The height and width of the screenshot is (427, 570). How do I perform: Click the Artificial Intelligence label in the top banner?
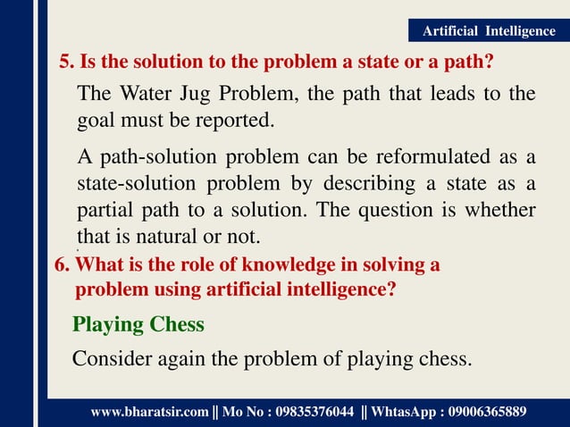[x=488, y=31]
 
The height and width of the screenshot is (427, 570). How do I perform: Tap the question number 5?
[x=66, y=64]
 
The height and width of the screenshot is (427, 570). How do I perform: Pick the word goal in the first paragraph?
[x=96, y=121]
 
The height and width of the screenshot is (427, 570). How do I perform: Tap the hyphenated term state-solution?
[x=135, y=184]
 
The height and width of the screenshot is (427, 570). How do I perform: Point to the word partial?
[x=105, y=210]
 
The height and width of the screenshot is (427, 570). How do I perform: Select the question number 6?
[x=62, y=265]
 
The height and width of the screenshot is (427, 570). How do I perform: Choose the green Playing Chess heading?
[x=138, y=324]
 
